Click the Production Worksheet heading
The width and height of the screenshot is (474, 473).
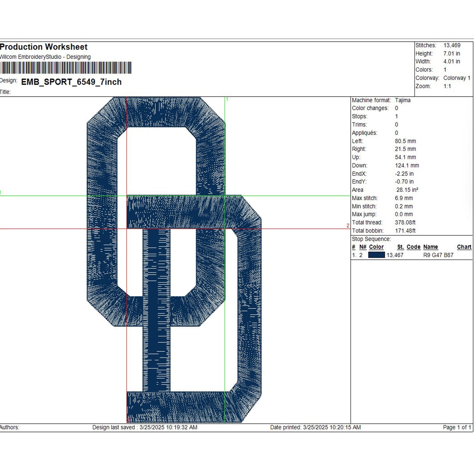(44, 47)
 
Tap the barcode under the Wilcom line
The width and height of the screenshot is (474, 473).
(66, 68)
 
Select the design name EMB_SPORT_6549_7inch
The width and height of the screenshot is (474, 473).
(71, 82)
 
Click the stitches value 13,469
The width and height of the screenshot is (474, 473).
(452, 45)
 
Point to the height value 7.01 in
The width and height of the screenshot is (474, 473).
(452, 53)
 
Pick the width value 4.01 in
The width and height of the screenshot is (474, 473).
(452, 61)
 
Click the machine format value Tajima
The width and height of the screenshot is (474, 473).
(403, 100)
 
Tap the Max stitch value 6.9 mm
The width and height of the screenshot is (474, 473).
(404, 198)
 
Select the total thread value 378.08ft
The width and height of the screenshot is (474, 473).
(405, 222)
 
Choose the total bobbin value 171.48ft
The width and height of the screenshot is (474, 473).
(405, 231)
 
